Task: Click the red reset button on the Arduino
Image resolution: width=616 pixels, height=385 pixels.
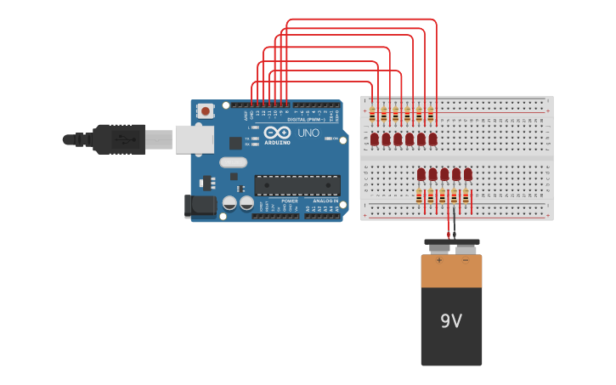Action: click(x=206, y=110)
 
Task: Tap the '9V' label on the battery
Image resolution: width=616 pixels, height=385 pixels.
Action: click(x=451, y=321)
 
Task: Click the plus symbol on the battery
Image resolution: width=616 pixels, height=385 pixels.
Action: click(x=439, y=261)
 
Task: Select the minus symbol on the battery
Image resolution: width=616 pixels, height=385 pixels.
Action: click(x=465, y=261)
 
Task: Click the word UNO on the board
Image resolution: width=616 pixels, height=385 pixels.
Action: click(x=308, y=133)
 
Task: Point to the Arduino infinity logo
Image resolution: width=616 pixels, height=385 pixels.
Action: click(x=277, y=133)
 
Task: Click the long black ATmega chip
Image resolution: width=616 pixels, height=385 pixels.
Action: click(x=297, y=185)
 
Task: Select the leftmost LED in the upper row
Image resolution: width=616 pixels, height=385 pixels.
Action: click(x=374, y=139)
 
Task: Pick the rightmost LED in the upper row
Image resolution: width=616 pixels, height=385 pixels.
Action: click(x=432, y=139)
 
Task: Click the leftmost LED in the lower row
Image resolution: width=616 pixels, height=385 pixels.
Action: click(x=421, y=174)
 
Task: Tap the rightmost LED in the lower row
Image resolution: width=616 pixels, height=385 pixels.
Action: click(x=467, y=174)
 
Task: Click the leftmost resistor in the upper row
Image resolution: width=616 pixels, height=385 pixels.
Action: click(x=372, y=115)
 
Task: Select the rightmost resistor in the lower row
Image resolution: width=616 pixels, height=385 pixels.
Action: click(x=466, y=197)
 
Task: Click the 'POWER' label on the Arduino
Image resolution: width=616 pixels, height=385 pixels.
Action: click(x=290, y=201)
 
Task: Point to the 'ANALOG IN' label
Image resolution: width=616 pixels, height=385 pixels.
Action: click(x=325, y=201)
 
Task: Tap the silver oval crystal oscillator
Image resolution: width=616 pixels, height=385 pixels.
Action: click(x=233, y=162)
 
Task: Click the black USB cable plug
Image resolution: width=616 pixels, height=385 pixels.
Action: click(x=119, y=139)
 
